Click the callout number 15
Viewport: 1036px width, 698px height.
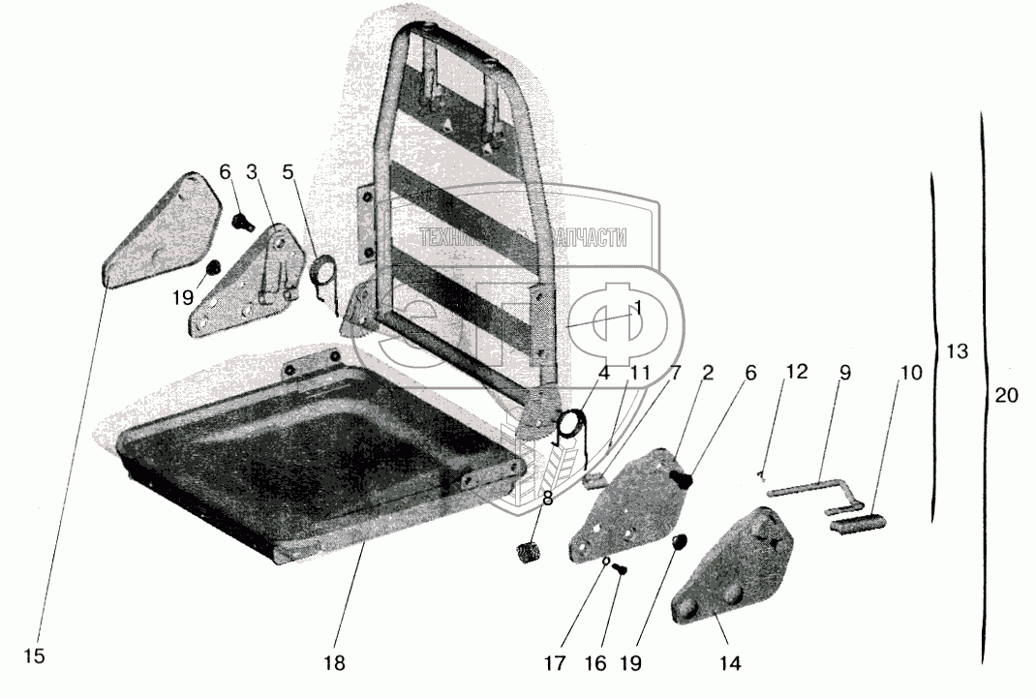point(34,656)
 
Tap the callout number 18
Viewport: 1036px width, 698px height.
point(335,664)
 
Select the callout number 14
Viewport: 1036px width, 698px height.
point(730,664)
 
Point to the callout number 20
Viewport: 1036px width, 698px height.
point(1006,394)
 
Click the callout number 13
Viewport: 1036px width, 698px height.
point(956,351)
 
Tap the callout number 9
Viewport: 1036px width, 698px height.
point(844,372)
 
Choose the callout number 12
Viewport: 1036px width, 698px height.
point(796,372)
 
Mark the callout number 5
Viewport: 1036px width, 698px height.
point(287,173)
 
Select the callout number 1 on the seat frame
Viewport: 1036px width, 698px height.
point(637,306)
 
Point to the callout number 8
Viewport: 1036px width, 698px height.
point(548,501)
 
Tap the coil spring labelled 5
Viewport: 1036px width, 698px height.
point(323,273)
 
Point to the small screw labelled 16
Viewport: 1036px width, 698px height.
point(620,570)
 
